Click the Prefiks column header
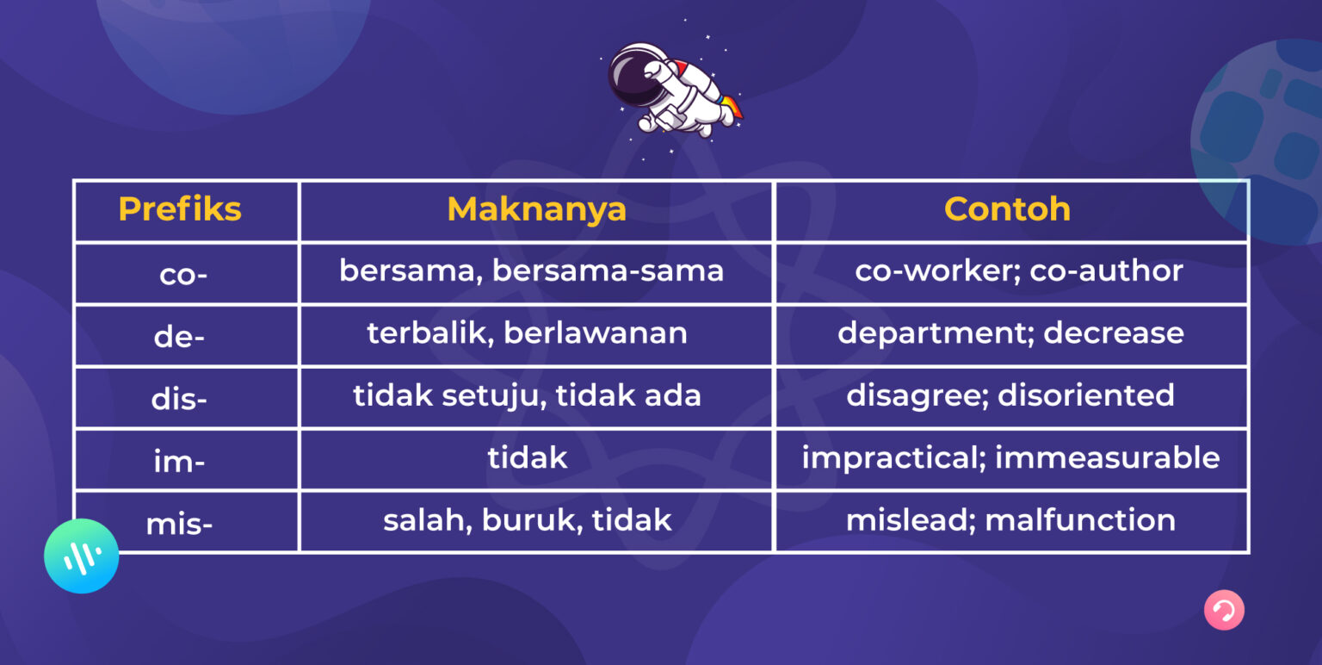180,209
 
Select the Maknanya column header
536,209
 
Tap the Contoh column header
1007,209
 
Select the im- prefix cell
179,462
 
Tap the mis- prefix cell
179,523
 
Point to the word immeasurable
1107,457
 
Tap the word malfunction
1080,519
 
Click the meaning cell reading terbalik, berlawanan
527,333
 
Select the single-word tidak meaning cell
527,457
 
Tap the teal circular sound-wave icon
82,556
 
